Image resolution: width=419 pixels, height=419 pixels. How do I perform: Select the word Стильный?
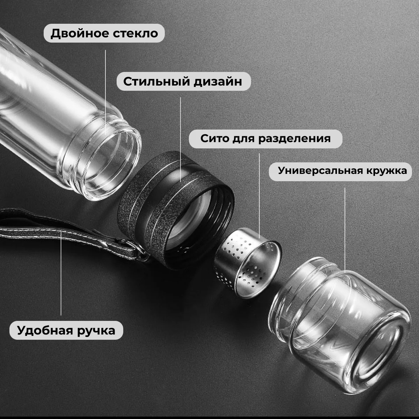click(156, 82)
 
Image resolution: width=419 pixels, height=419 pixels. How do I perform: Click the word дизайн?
click(218, 82)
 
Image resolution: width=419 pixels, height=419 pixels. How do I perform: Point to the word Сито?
click(214, 138)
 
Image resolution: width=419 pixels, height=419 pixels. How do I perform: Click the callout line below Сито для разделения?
click(259, 196)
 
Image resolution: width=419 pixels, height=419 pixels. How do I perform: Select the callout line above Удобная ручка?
click(61, 273)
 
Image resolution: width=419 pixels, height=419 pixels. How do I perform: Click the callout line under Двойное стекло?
click(105, 93)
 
